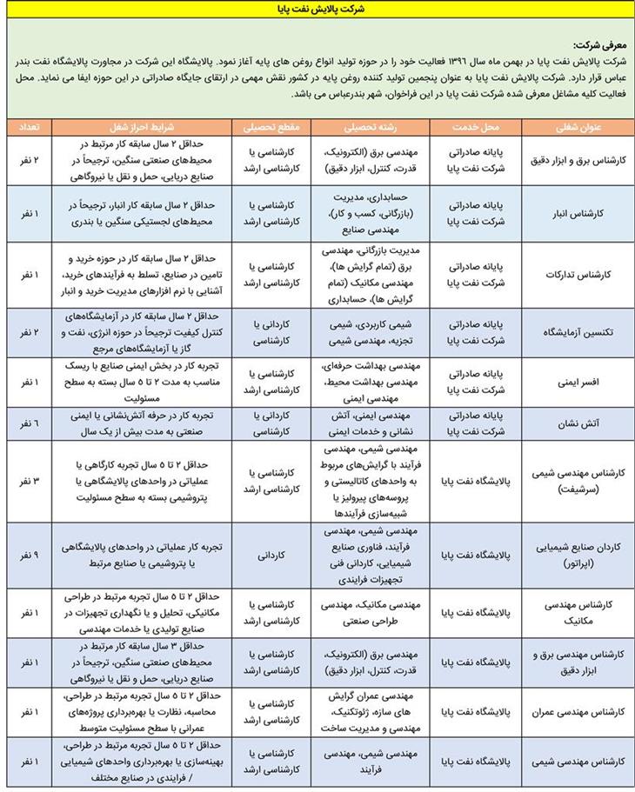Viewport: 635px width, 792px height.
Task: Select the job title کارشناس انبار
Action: click(578, 211)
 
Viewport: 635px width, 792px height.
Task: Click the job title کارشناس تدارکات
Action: click(578, 273)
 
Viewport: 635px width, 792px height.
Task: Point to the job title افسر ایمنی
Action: click(578, 381)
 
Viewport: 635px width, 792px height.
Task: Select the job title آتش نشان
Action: click(578, 423)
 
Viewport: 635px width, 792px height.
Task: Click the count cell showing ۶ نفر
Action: click(26, 423)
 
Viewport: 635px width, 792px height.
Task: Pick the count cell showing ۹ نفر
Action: click(26, 555)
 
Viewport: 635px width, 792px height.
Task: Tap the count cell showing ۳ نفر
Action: click(26, 480)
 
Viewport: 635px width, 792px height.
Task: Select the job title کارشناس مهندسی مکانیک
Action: click(578, 614)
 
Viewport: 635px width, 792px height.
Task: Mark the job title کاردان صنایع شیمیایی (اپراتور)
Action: click(578, 555)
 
